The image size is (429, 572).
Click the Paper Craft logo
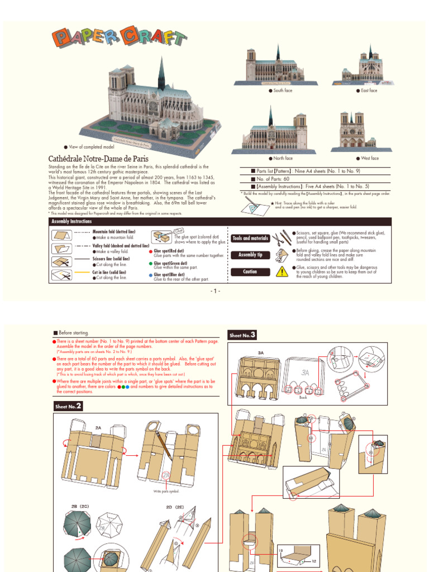point(119,38)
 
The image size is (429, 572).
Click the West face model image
point(352,132)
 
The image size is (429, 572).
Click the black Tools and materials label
point(251,239)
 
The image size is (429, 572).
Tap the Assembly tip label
point(251,255)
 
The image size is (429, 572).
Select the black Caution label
point(251,271)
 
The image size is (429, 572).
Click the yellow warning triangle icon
point(283,271)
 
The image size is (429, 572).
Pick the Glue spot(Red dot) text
point(171,251)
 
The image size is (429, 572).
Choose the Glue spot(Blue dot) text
point(171,275)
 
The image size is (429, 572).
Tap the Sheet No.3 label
point(242,335)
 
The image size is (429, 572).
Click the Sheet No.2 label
point(68,406)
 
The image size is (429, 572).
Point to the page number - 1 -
point(216,291)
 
